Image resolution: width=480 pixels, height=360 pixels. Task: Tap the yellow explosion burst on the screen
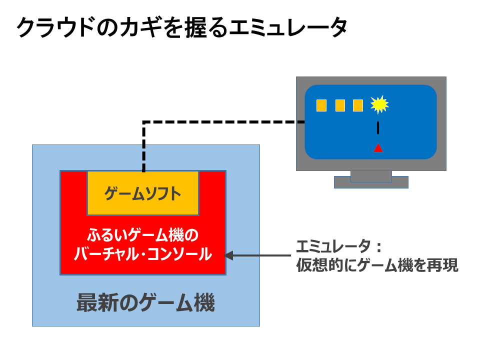[x=379, y=104]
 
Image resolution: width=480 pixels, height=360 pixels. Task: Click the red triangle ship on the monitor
[x=378, y=148]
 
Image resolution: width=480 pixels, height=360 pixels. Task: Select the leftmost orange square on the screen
[x=321, y=105]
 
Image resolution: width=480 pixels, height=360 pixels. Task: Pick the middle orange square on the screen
[x=340, y=105]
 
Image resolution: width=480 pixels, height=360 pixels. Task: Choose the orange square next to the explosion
[x=358, y=105]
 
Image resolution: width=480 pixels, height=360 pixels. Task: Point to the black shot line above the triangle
[x=378, y=127]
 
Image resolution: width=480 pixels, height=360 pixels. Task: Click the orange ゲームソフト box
[x=143, y=193]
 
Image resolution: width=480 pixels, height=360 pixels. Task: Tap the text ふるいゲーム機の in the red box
[x=143, y=235]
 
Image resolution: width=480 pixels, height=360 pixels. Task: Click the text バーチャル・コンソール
[x=143, y=254]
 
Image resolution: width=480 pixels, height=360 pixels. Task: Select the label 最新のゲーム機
[x=145, y=303]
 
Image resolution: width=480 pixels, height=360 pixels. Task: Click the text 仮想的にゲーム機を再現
[x=377, y=265]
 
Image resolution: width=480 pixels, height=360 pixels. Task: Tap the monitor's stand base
[x=371, y=182]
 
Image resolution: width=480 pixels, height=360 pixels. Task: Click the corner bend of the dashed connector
[x=144, y=122]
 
